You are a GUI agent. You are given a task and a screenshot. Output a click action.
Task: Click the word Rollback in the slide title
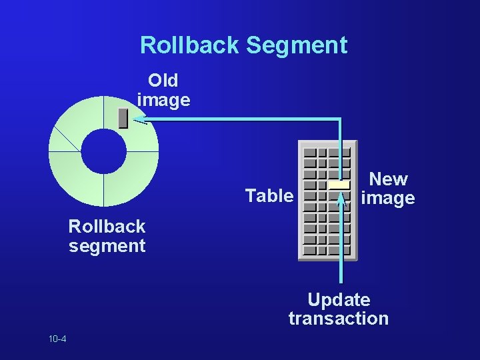click(x=190, y=45)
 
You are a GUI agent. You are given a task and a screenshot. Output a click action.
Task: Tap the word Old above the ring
click(x=163, y=81)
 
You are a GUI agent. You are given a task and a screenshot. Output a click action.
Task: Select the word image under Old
click(x=163, y=101)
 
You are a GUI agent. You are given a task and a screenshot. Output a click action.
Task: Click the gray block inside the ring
click(x=123, y=118)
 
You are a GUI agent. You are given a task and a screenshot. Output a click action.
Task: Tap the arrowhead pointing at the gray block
click(x=139, y=120)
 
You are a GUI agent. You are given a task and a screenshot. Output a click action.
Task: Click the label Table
click(x=269, y=196)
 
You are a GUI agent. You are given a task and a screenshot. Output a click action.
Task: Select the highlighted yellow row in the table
click(x=339, y=185)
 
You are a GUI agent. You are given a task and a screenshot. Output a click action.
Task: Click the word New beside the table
click(x=389, y=179)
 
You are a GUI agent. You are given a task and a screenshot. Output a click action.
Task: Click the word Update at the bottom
click(x=339, y=300)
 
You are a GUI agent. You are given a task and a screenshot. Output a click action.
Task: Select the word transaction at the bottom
click(x=339, y=319)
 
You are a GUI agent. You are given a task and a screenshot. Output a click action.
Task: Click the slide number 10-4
click(x=57, y=339)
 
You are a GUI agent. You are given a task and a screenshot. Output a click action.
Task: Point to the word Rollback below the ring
click(x=107, y=226)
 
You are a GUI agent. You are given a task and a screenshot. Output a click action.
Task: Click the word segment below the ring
click(x=107, y=246)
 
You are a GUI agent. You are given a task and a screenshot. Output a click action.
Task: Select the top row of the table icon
click(x=327, y=152)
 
